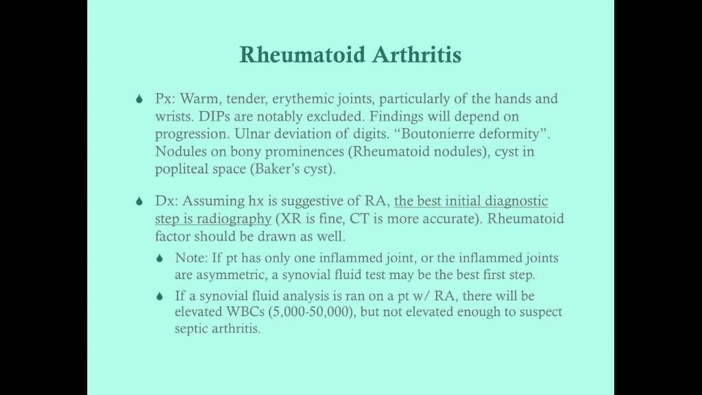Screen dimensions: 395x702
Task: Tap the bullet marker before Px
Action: tap(139, 99)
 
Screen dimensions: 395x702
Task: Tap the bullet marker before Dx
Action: tap(139, 202)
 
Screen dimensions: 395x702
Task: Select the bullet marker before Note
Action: tap(160, 259)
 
